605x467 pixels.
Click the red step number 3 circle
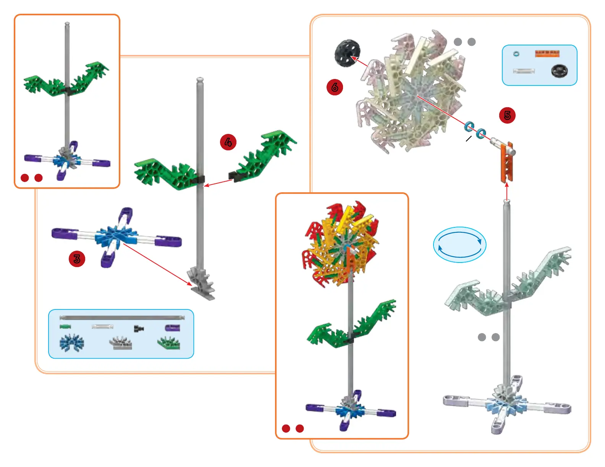pyautogui.click(x=77, y=259)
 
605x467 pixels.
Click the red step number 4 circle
pyautogui.click(x=228, y=142)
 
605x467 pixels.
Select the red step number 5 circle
pyautogui.click(x=507, y=115)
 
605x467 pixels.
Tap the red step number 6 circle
pyautogui.click(x=335, y=87)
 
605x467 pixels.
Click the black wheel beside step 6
pyautogui.click(x=347, y=53)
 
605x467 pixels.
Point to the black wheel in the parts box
pyautogui.click(x=560, y=71)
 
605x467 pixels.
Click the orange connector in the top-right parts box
pyautogui.click(x=547, y=53)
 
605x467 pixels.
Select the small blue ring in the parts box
pyautogui.click(x=516, y=54)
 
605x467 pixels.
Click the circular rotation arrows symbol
pyautogui.click(x=459, y=245)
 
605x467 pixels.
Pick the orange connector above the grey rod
pyautogui.click(x=507, y=161)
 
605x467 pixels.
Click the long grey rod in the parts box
pyautogui.click(x=122, y=317)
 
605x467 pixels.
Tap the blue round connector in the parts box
pyautogui.click(x=71, y=343)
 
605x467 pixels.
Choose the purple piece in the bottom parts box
pyautogui.click(x=172, y=328)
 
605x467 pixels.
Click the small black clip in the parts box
pyautogui.click(x=139, y=328)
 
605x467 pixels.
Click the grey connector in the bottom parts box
pyautogui.click(x=121, y=343)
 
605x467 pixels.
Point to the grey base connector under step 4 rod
pyautogui.click(x=201, y=284)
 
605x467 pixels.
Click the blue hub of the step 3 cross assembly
pyautogui.click(x=116, y=237)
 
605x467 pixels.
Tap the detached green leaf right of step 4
pyautogui.click(x=264, y=157)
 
